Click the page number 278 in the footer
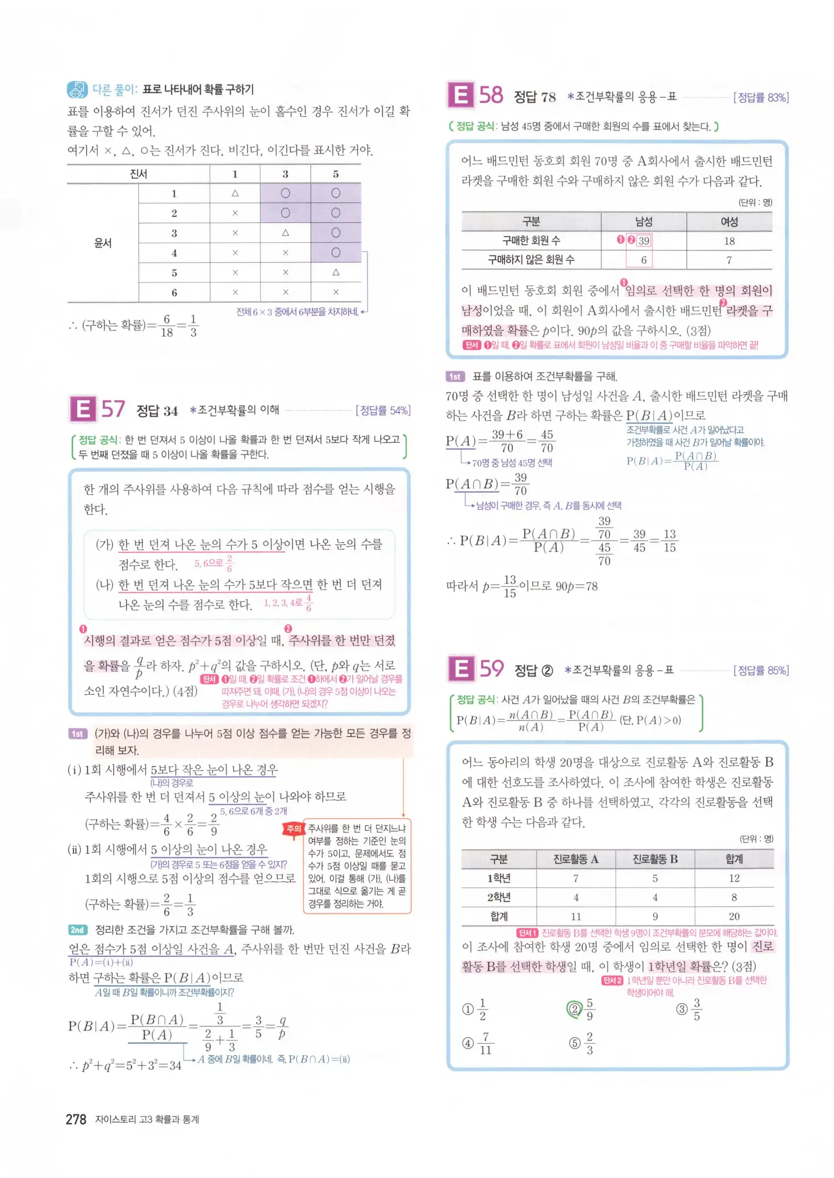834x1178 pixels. pyautogui.click(x=76, y=1119)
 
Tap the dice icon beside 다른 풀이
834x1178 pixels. pyautogui.click(x=77, y=90)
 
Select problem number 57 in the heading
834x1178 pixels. pyautogui.click(x=113, y=410)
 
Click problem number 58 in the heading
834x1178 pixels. pyautogui.click(x=491, y=95)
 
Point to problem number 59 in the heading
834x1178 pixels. pyautogui.click(x=491, y=669)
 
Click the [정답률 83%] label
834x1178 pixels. pyautogui.click(x=760, y=98)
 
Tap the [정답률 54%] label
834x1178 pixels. pyautogui.click(x=383, y=410)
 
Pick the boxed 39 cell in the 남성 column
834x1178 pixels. pyautogui.click(x=643, y=241)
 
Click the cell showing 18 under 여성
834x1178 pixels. pyautogui.click(x=729, y=241)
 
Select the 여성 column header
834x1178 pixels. pyautogui.click(x=729, y=222)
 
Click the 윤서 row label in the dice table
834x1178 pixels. pyautogui.click(x=103, y=243)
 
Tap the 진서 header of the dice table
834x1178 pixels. pyautogui.click(x=138, y=174)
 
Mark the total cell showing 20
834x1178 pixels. pyautogui.click(x=734, y=916)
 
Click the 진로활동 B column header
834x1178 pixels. pyautogui.click(x=655, y=859)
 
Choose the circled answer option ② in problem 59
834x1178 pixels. pyautogui.click(x=574, y=1009)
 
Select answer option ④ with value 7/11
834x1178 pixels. pyautogui.click(x=469, y=1043)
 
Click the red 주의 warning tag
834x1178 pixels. pyautogui.click(x=293, y=829)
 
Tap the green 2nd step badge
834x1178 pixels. pyautogui.click(x=77, y=930)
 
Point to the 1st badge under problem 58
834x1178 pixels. pyautogui.click(x=455, y=376)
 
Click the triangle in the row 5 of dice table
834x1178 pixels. pyautogui.click(x=335, y=272)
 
